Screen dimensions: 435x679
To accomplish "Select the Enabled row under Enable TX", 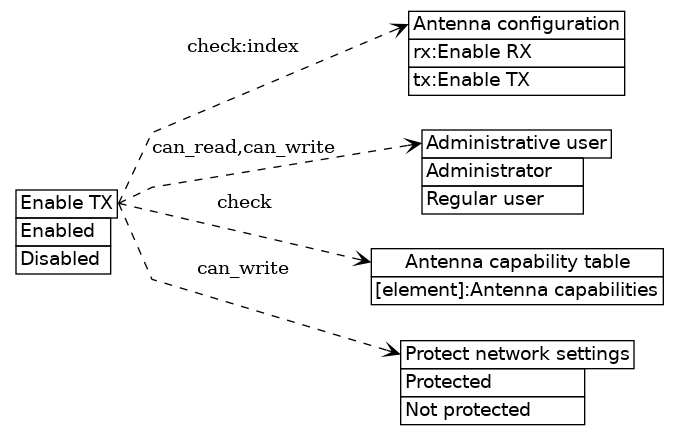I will coord(63,231).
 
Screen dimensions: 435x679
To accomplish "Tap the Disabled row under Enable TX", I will coord(63,259).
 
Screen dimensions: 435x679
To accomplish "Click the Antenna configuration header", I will coord(516,24).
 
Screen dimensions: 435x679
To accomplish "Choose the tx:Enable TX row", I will coord(516,80).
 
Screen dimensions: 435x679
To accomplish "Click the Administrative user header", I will coord(516,143).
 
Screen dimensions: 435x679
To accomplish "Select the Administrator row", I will coord(502,171).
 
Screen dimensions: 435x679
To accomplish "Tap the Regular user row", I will coord(502,199).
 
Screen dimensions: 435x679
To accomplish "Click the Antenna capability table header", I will coord(517,262).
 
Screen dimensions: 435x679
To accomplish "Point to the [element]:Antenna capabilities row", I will coord(517,290).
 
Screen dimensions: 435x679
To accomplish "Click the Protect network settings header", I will coord(517,354).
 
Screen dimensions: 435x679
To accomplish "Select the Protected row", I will coord(492,382).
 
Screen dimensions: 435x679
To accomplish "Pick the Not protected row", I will coord(492,410).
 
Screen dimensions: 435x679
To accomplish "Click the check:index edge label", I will coord(242,46).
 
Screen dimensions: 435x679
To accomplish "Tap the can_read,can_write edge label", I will coord(243,148).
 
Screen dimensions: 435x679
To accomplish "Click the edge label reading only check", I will coord(244,203).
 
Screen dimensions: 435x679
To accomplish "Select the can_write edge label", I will coord(243,268).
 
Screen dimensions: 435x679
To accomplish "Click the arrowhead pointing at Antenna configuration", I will coord(400,29).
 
